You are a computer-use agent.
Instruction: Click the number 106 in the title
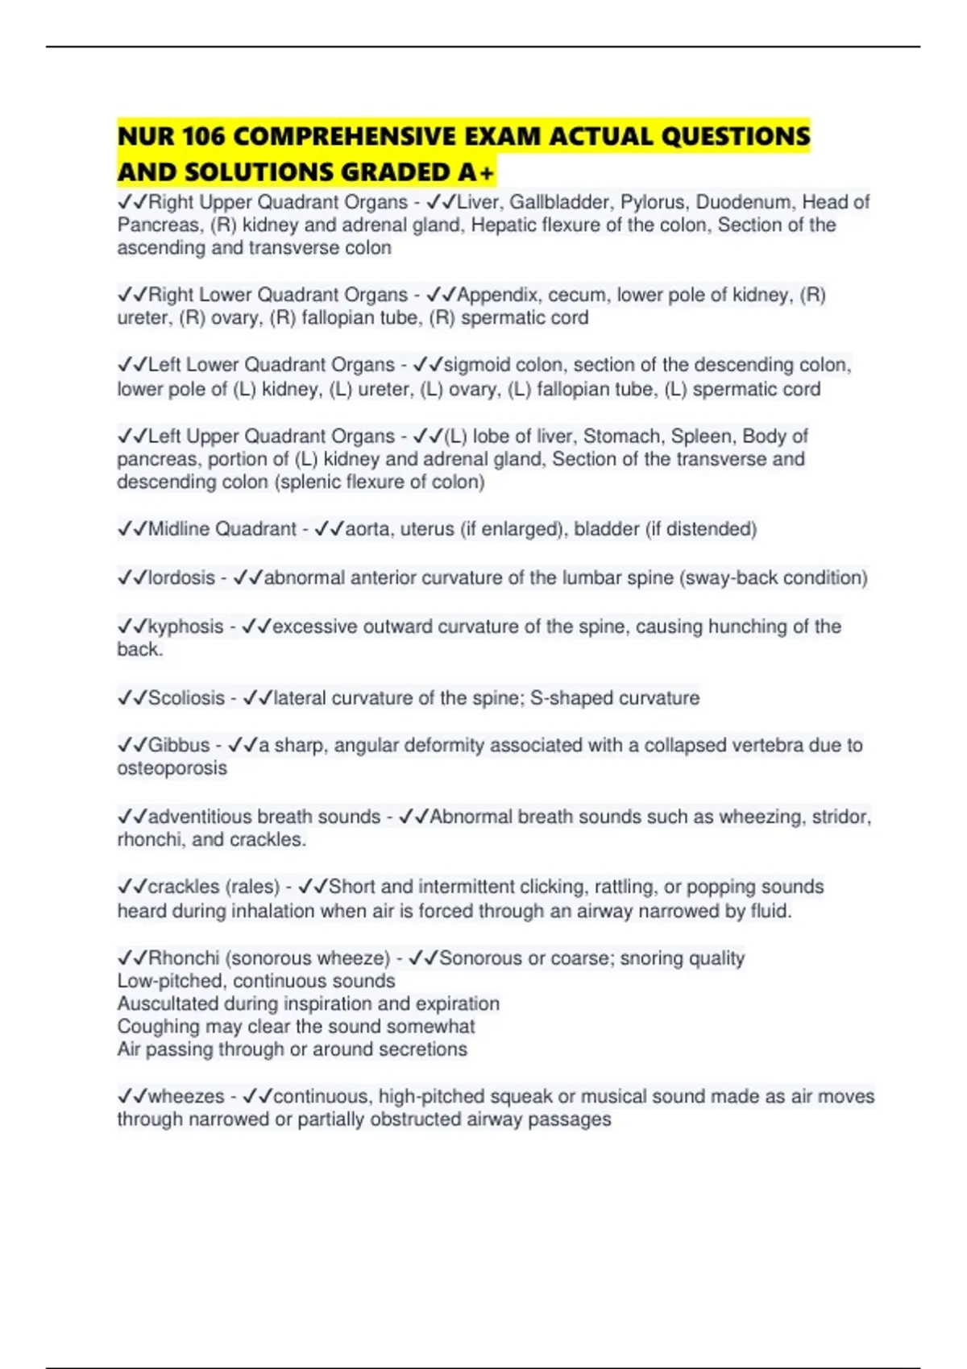coord(204,136)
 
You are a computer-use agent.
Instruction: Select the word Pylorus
coord(652,202)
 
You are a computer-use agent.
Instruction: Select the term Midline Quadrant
coord(222,529)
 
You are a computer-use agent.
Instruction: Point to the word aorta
coord(367,529)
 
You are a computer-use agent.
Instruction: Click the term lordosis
coord(181,577)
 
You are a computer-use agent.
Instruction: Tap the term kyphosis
coord(185,627)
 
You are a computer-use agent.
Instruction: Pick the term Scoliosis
coord(186,697)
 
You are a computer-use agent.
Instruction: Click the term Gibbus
coord(179,745)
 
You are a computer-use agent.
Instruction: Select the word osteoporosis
coord(172,768)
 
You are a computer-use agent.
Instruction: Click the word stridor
coord(840,817)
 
